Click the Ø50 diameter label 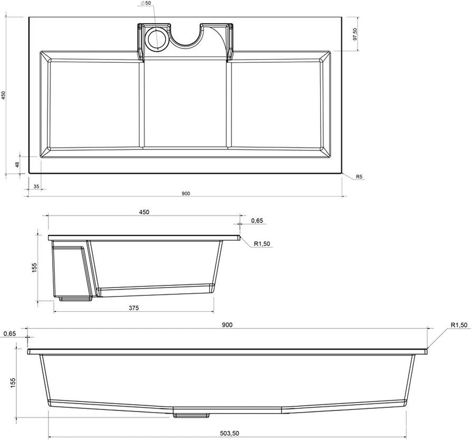(x=146, y=3)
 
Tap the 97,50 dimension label (x=354, y=34)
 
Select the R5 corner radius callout (x=359, y=177)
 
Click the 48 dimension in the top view (x=17, y=165)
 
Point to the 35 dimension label (x=36, y=187)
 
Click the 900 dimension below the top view (x=186, y=194)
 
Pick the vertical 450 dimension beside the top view (x=3, y=95)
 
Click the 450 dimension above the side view (x=144, y=212)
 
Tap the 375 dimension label (x=133, y=308)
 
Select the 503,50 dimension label (x=229, y=433)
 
